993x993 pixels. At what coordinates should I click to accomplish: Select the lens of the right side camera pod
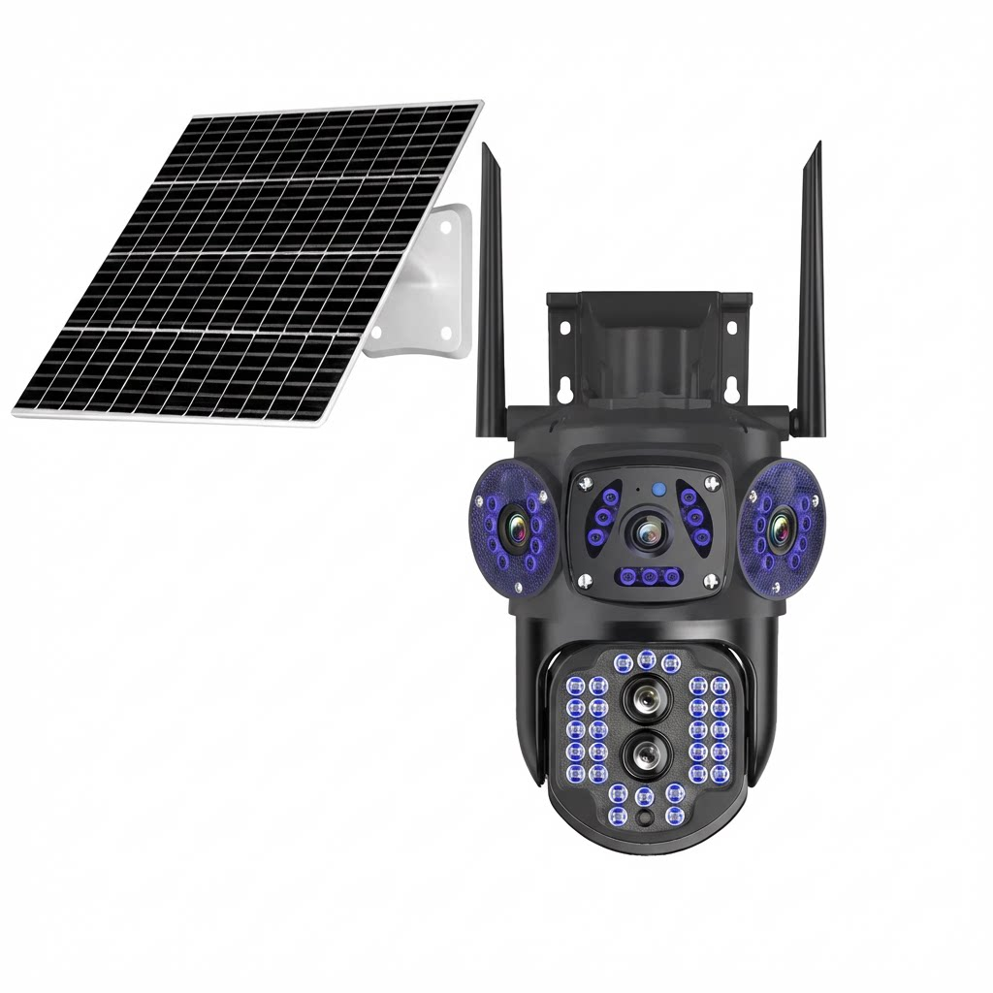coord(779,529)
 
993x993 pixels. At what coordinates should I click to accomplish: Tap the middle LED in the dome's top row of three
coord(647,660)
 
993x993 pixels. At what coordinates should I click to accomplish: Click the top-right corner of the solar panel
coord(480,102)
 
